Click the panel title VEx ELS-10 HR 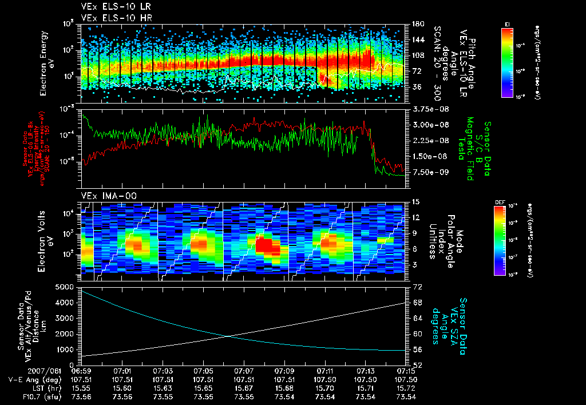point(110,18)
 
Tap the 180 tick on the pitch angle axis point(417,23)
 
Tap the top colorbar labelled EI point(507,60)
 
